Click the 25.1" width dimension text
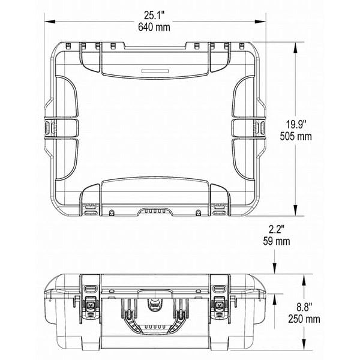(154, 16)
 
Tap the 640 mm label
(154, 27)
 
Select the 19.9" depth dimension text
(296, 125)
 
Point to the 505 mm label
(296, 136)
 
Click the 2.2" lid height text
(277, 229)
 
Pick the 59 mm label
(277, 241)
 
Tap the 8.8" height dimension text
(304, 307)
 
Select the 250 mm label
(304, 319)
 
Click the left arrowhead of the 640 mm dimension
(50, 22)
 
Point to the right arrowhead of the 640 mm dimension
(260, 22)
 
